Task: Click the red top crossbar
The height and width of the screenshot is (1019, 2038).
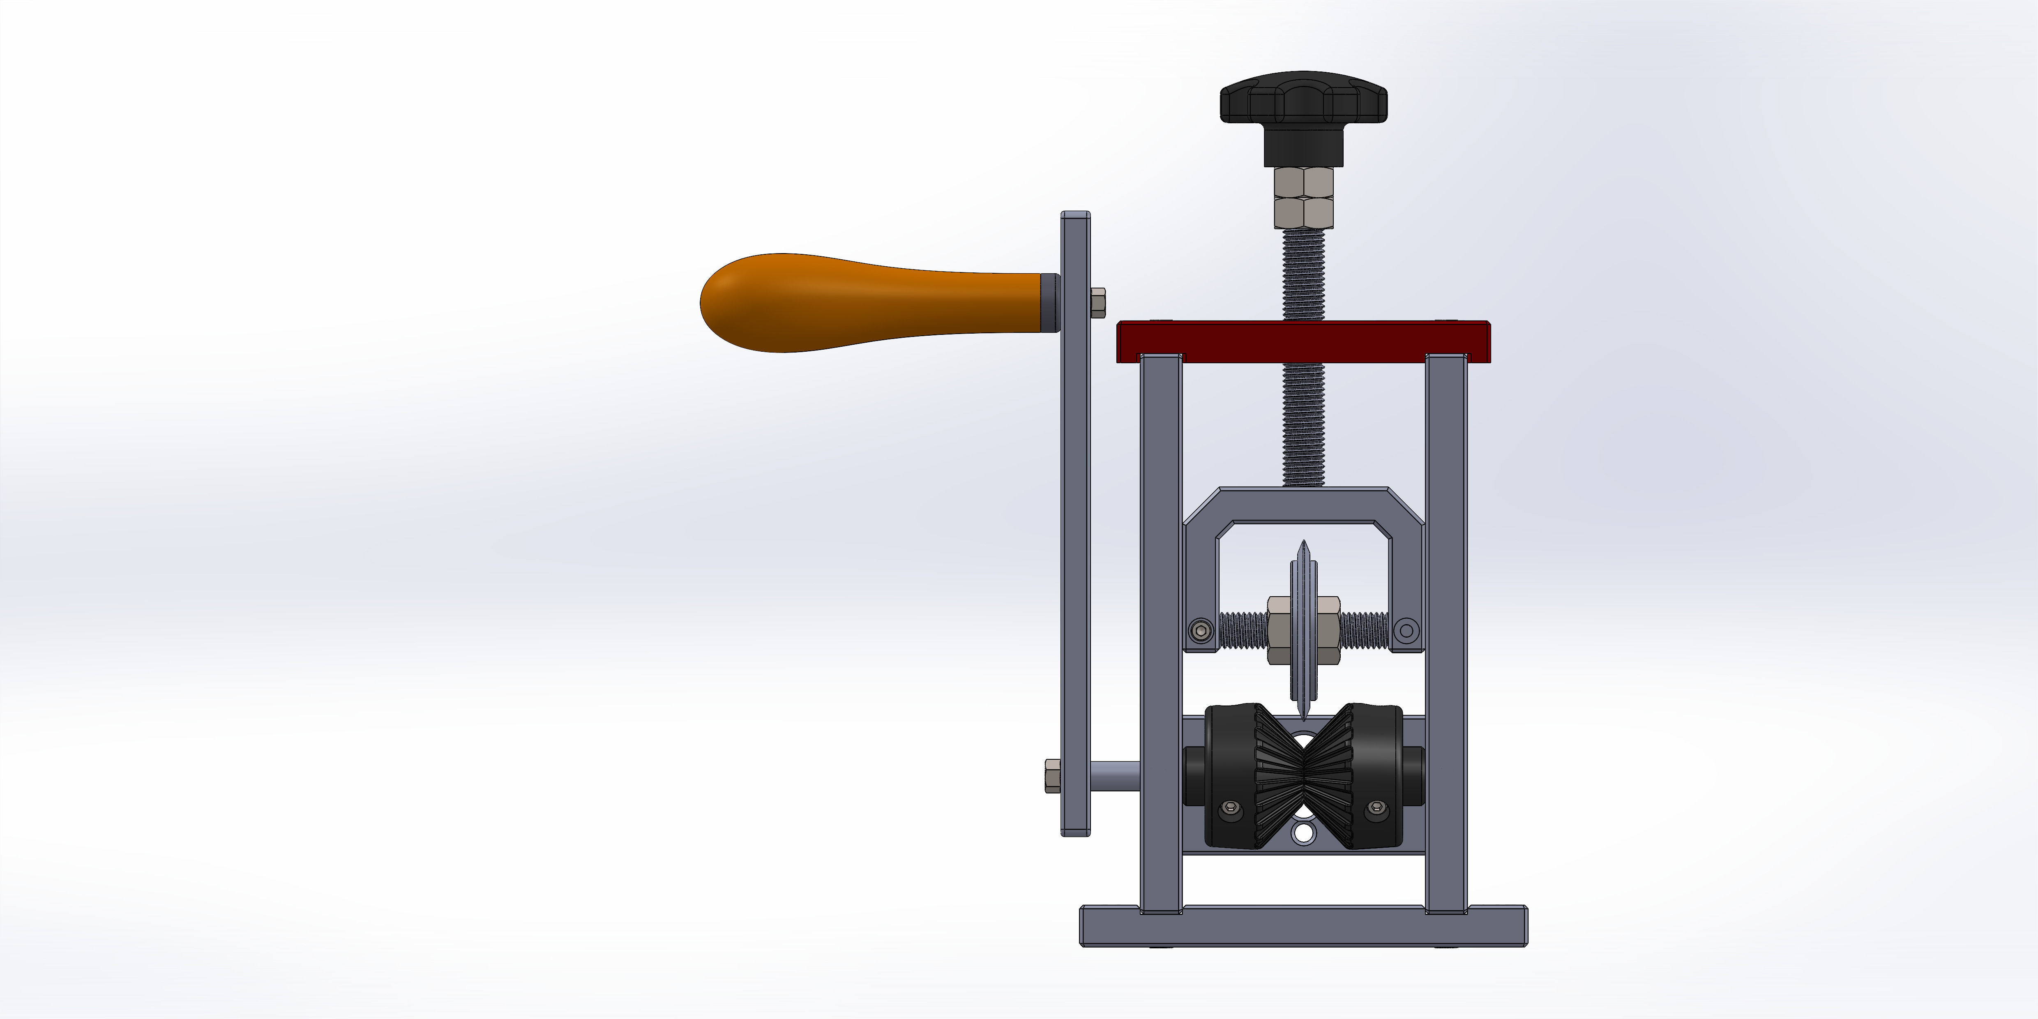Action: tap(1303, 340)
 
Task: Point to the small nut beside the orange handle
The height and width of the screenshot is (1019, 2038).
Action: tap(1097, 302)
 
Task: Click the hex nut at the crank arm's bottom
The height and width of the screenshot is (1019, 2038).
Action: tap(1052, 775)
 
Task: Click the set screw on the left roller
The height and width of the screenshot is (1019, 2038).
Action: tap(1229, 808)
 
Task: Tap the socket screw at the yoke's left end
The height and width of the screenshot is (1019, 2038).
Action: tap(1202, 631)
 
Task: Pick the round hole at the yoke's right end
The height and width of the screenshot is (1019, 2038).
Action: tap(1406, 631)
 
